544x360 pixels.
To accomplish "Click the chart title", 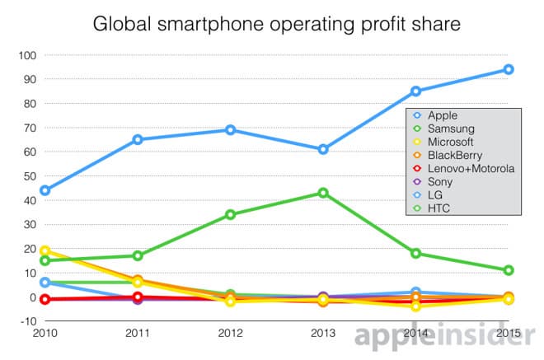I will (272, 22).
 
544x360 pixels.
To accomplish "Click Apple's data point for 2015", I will (509, 69).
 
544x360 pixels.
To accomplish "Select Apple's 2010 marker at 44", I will (45, 190).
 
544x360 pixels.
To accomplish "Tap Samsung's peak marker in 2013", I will (323, 193).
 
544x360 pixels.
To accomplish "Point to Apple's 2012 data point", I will (230, 130).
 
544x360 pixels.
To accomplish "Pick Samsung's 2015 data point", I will (509, 270).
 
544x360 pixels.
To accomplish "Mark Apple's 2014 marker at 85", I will (416, 91).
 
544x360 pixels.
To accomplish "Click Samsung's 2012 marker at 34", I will (230, 214).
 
